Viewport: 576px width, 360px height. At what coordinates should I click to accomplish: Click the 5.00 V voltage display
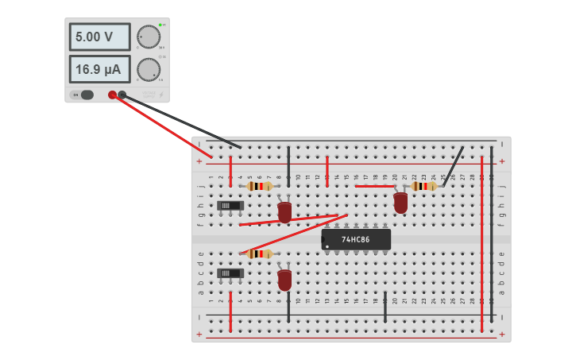(x=99, y=37)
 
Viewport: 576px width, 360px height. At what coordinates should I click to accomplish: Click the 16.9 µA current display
(x=99, y=69)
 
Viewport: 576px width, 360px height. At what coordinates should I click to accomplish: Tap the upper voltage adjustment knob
(x=148, y=37)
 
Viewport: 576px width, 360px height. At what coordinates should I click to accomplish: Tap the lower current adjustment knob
(x=148, y=69)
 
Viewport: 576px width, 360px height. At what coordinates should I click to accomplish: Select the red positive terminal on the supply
(x=112, y=95)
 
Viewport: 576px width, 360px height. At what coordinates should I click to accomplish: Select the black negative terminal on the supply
(x=122, y=95)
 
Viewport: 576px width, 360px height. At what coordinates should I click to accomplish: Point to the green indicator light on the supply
(x=160, y=25)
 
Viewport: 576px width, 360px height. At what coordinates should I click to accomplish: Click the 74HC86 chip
(x=356, y=239)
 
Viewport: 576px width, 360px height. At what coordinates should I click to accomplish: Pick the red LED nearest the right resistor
(x=400, y=203)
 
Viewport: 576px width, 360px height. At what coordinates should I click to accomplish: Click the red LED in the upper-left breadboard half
(x=284, y=212)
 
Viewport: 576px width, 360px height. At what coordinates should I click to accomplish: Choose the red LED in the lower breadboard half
(x=284, y=280)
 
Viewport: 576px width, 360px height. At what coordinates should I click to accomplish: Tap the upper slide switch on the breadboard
(x=230, y=206)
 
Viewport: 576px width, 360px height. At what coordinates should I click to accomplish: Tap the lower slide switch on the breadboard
(x=230, y=273)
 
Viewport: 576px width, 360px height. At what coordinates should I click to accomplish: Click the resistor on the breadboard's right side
(x=423, y=186)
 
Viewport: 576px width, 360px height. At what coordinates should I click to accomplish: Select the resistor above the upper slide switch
(x=259, y=186)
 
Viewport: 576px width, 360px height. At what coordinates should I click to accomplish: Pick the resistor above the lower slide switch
(x=259, y=254)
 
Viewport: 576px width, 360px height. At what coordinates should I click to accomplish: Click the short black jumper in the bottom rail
(x=385, y=307)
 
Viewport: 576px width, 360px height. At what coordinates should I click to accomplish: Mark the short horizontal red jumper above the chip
(x=374, y=186)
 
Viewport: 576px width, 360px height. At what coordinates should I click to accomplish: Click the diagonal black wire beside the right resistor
(x=454, y=165)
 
